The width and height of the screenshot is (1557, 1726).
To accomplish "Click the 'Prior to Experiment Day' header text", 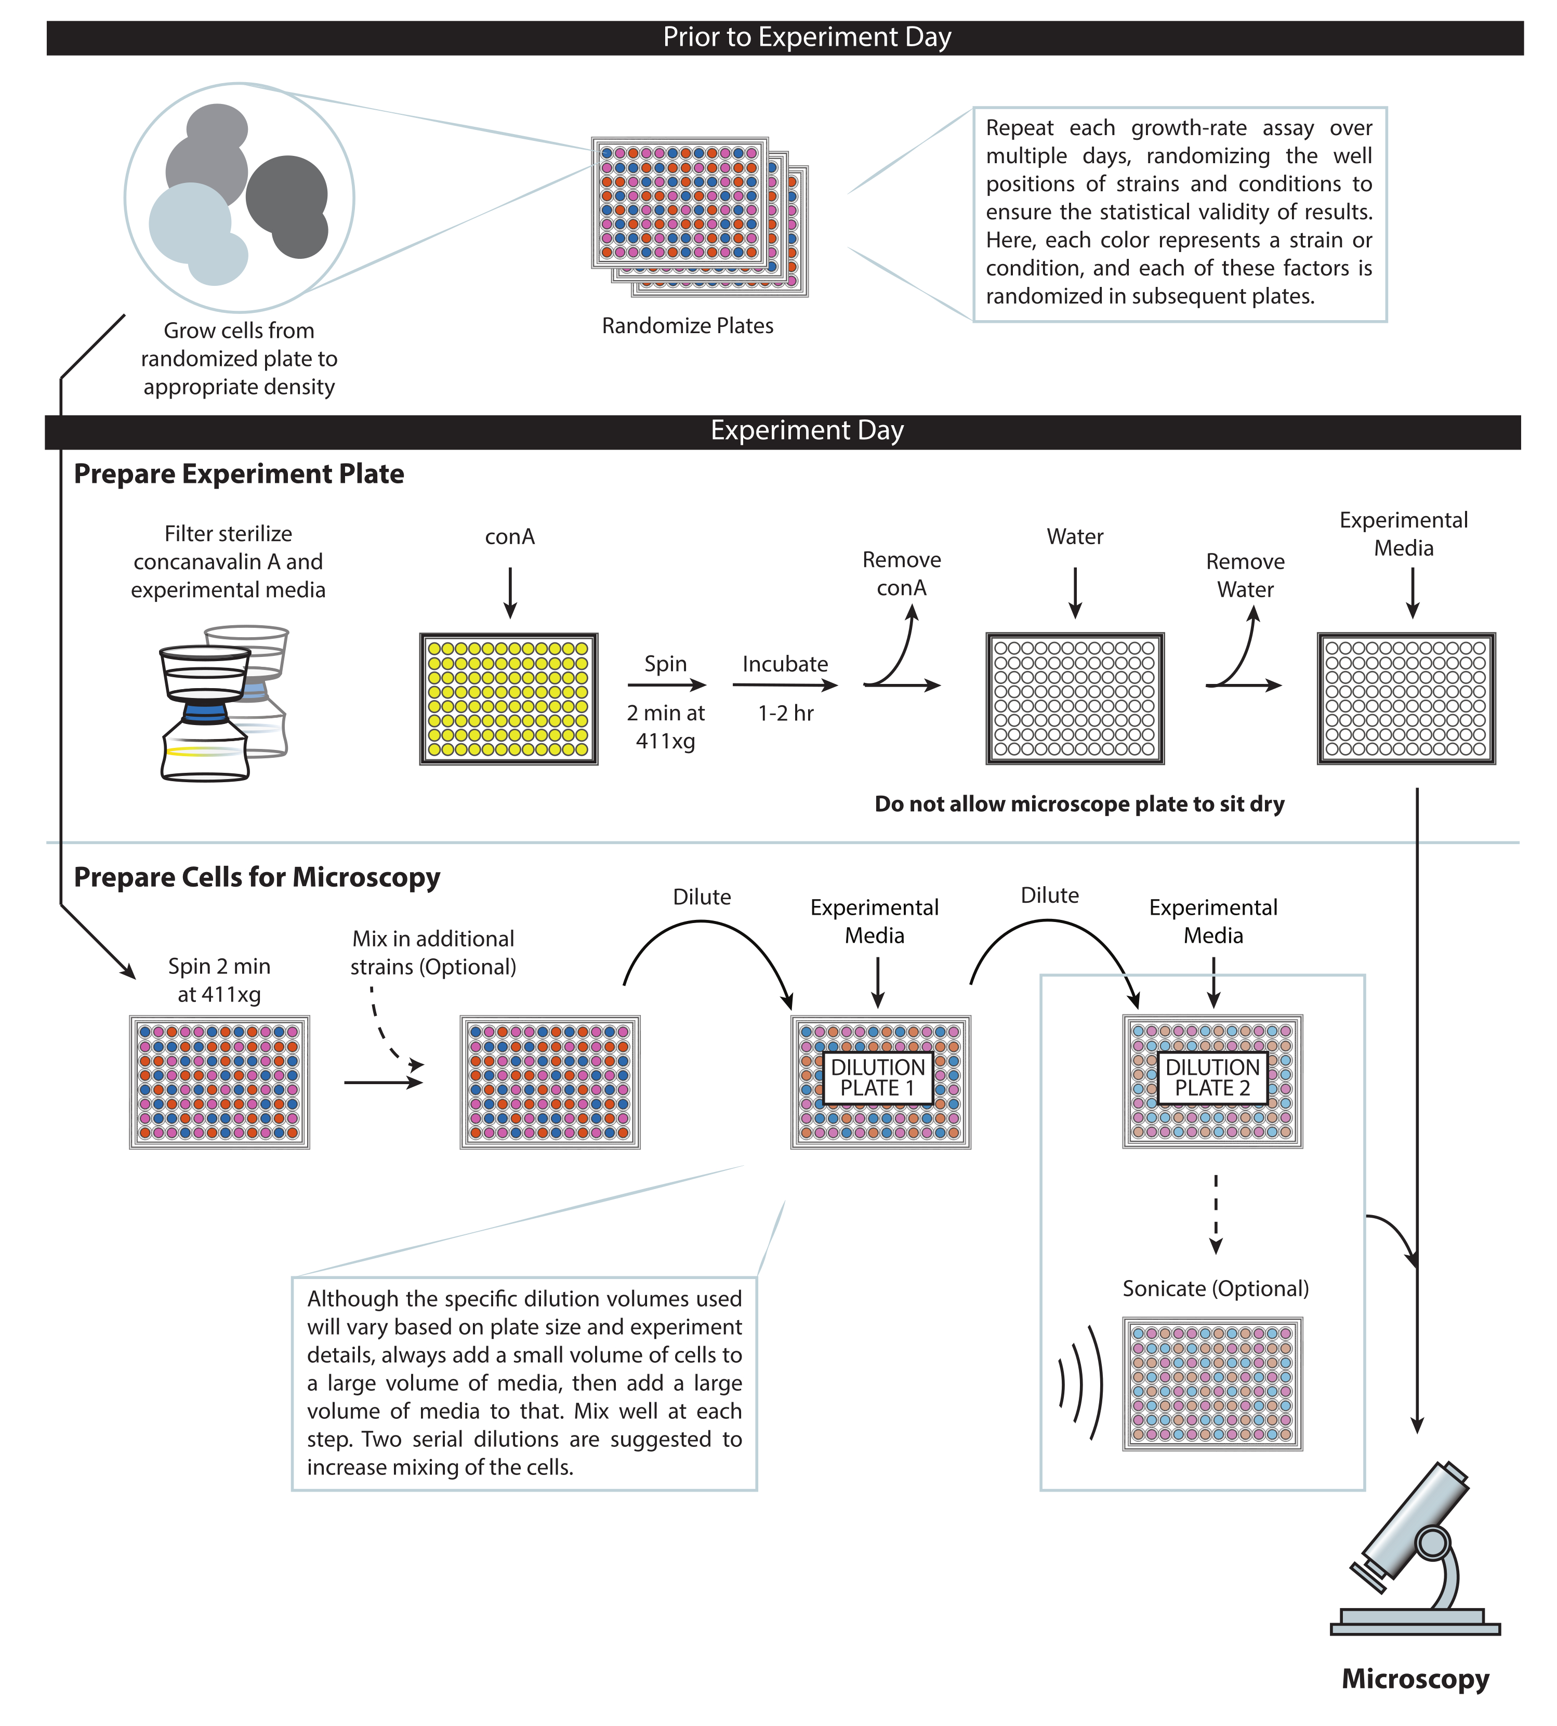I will click(806, 37).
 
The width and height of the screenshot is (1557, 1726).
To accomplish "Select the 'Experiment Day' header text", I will click(806, 430).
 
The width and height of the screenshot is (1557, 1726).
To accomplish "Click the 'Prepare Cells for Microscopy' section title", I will click(257, 877).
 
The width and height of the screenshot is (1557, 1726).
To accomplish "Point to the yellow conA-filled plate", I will click(508, 699).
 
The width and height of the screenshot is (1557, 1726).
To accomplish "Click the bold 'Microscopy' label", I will click(1415, 1679).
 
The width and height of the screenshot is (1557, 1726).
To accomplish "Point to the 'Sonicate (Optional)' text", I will click(1216, 1289).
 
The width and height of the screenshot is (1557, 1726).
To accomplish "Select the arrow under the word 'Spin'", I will click(666, 684).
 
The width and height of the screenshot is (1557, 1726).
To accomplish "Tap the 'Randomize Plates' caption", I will click(687, 326).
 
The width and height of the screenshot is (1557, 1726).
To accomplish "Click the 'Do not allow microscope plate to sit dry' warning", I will click(1079, 805).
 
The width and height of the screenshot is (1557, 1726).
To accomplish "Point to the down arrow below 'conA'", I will click(510, 592).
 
